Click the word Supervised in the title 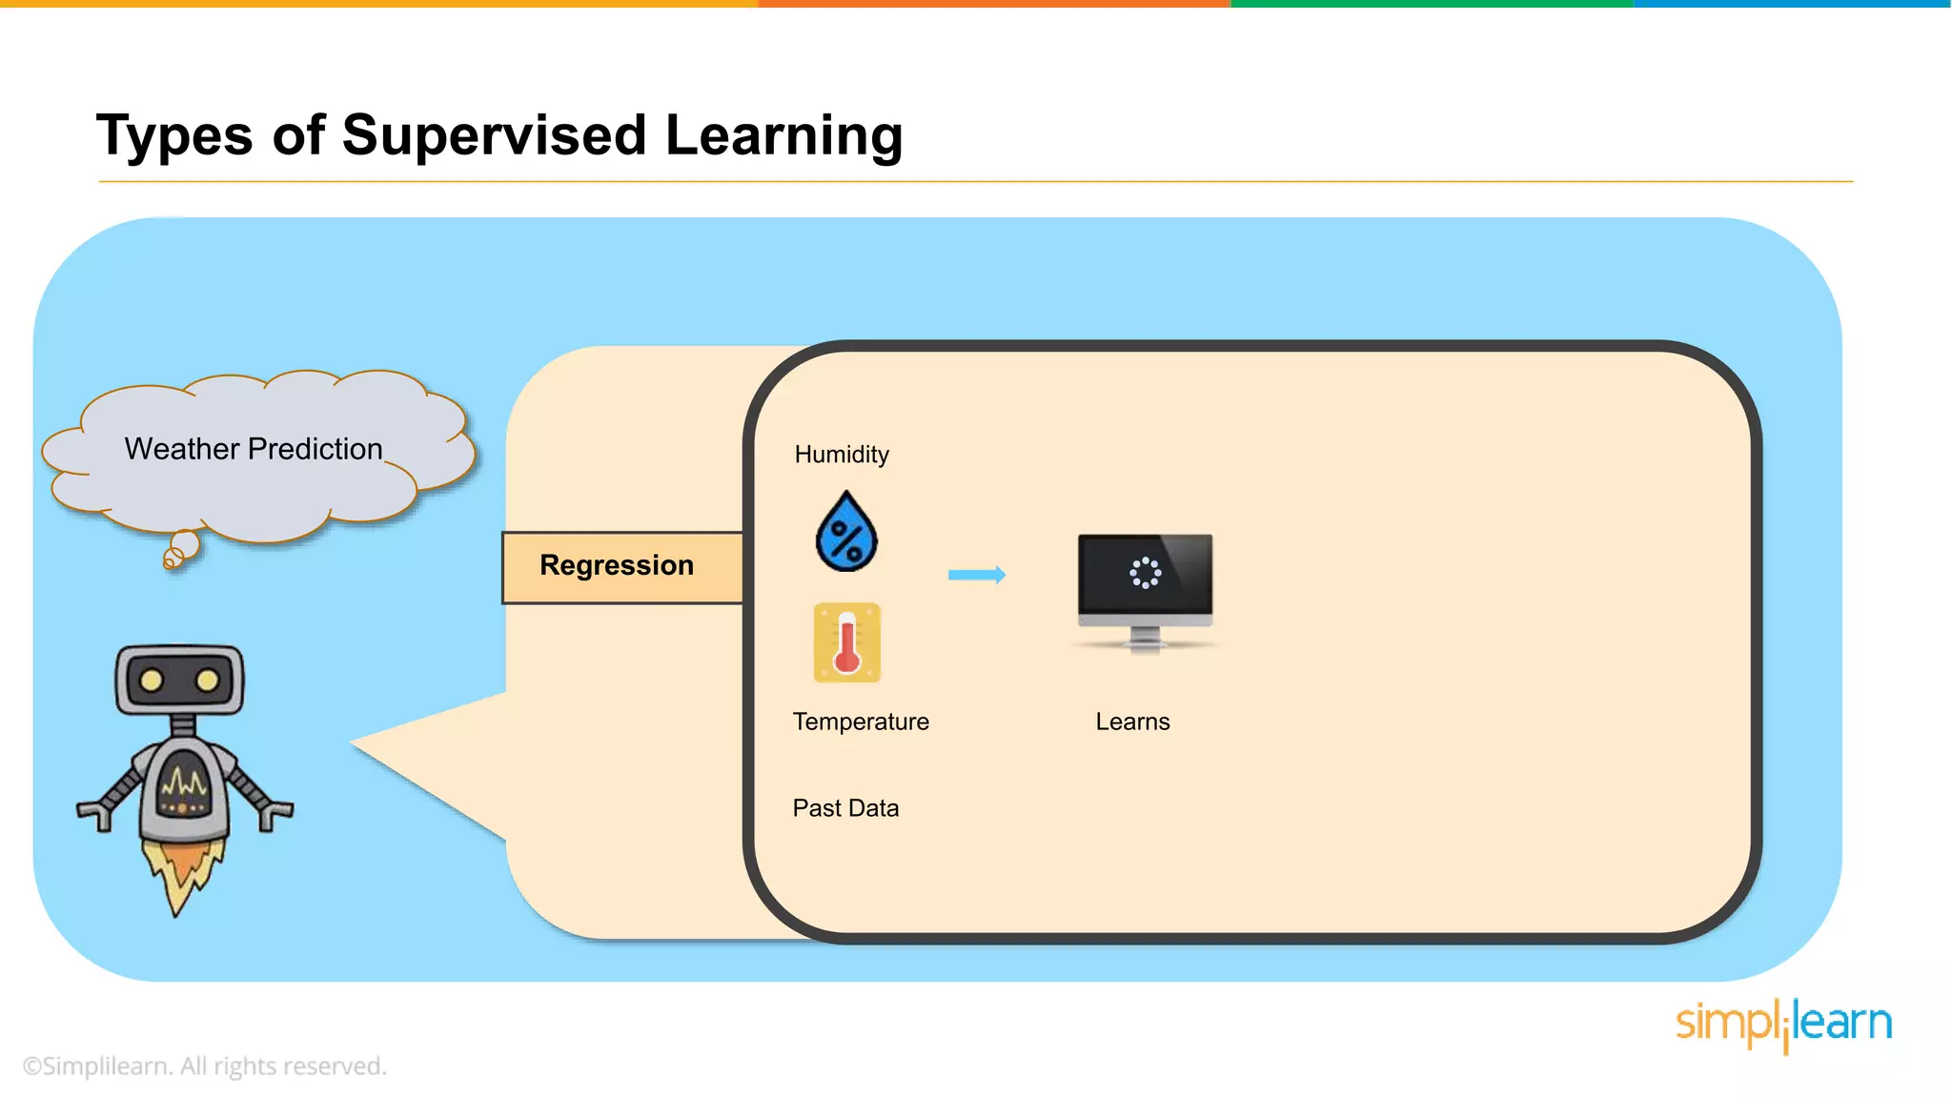[x=494, y=135]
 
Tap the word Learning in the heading [x=783, y=135]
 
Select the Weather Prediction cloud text [x=254, y=449]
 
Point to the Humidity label [x=842, y=455]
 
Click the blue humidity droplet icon [x=846, y=533]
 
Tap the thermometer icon [x=846, y=642]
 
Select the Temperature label [x=861, y=722]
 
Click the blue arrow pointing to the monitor [x=977, y=575]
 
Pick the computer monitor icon [x=1145, y=591]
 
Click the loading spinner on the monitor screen [x=1145, y=573]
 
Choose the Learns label [x=1132, y=722]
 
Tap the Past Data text [x=845, y=808]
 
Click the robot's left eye [x=151, y=681]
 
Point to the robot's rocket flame [x=181, y=872]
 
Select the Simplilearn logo [x=1783, y=1025]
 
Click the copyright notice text [x=205, y=1066]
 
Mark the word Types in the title [x=174, y=135]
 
